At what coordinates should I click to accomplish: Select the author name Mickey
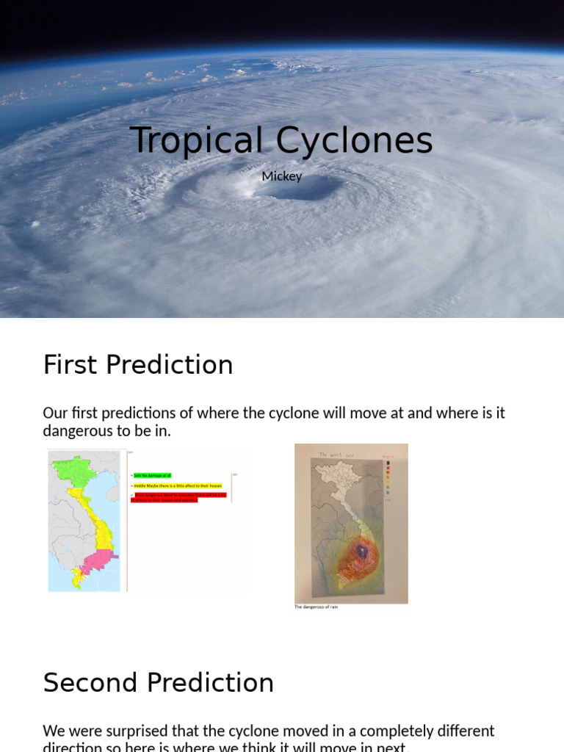(x=282, y=176)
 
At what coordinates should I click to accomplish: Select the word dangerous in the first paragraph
(x=78, y=431)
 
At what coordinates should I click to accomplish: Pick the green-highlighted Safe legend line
(x=152, y=476)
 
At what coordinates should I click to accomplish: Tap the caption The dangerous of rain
(x=316, y=607)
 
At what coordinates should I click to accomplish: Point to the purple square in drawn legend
(x=388, y=463)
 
